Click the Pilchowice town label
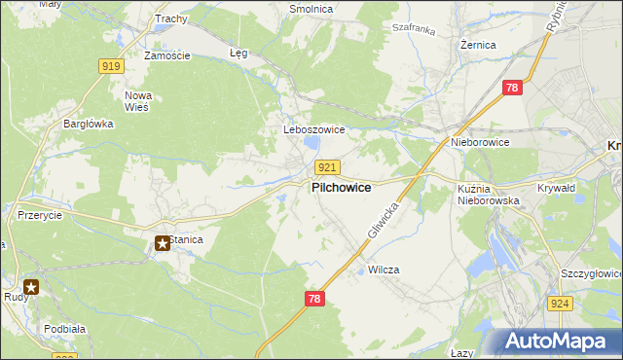point(341,188)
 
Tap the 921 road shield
point(327,167)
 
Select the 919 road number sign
point(111,65)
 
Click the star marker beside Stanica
point(162,243)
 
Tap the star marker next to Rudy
point(32,287)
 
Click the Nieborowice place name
point(480,142)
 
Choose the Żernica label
point(478,45)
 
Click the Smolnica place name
point(311,9)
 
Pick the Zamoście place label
point(166,55)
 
